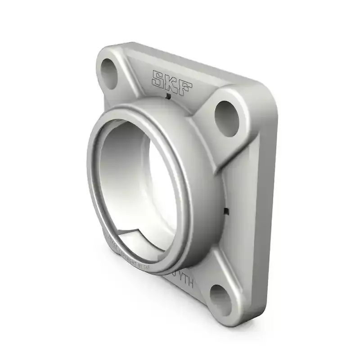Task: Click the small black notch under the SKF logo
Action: pyautogui.click(x=167, y=96)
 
